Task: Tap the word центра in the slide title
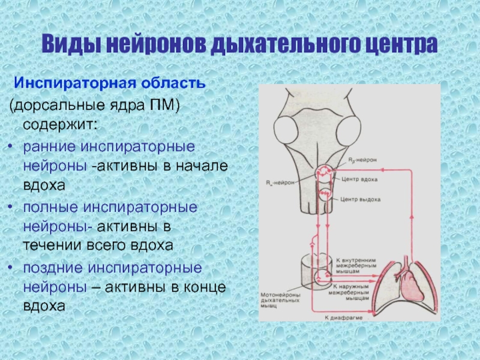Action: pos(399,46)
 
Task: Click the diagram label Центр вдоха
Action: pos(358,179)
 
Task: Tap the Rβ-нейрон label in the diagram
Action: pos(362,161)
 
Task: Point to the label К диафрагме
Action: pos(342,316)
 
